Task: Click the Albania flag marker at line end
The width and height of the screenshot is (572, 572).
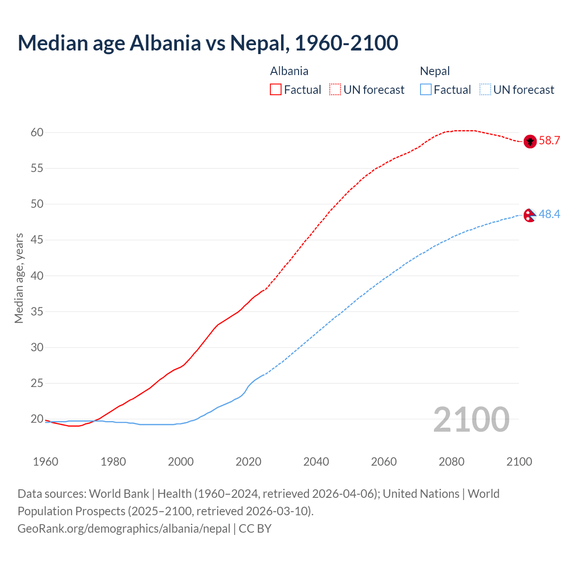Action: (530, 141)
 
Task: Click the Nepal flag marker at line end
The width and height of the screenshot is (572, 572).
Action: (530, 215)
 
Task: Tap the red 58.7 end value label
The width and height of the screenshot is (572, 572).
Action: (549, 141)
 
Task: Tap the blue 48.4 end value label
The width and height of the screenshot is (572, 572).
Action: (549, 214)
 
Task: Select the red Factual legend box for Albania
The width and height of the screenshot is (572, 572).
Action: (276, 90)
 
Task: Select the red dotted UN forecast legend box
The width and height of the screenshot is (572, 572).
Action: (335, 90)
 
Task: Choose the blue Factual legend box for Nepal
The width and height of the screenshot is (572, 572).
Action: (426, 90)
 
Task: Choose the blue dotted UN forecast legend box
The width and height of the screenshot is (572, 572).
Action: (485, 90)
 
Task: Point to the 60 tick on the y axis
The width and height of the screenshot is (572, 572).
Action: (37, 133)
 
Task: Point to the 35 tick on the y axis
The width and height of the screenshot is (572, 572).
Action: (37, 311)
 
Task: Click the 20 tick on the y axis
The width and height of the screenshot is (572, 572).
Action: (37, 419)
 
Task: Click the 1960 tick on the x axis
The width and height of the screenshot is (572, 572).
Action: (46, 462)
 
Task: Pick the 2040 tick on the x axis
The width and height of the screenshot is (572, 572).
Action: (316, 462)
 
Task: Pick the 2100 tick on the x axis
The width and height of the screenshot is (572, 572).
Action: (519, 462)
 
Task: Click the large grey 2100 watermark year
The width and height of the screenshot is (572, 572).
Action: (471, 420)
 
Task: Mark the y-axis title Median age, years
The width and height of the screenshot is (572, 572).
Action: (19, 278)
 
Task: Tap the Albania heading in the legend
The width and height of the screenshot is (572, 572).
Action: (289, 71)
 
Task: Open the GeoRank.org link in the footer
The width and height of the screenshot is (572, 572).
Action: (124, 529)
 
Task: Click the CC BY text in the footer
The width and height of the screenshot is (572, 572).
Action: (255, 529)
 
